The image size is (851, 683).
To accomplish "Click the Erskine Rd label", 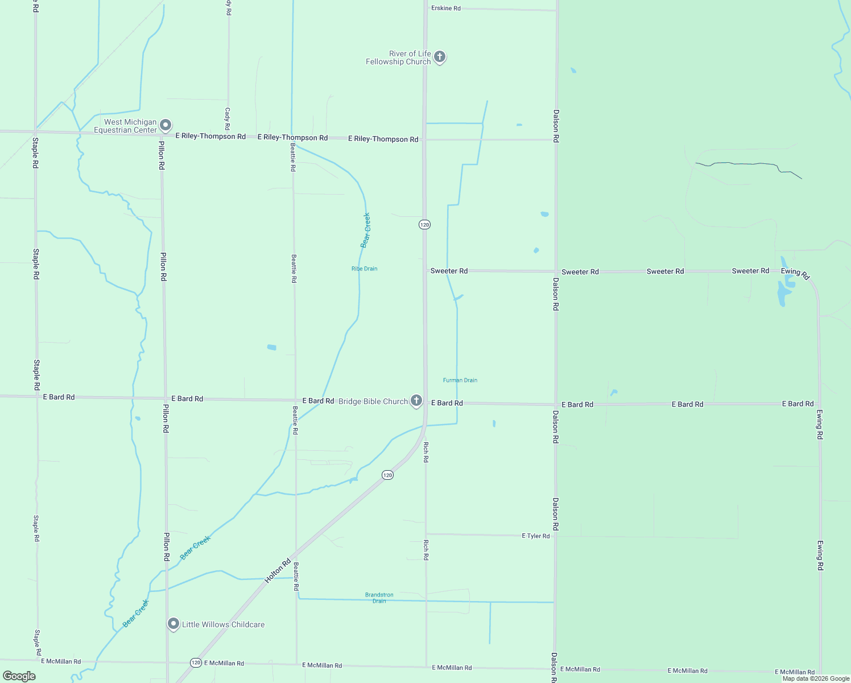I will click(x=446, y=9).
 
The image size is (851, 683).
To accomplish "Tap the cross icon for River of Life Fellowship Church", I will click(x=439, y=57).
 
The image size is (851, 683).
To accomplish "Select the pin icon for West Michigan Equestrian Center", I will click(x=166, y=125).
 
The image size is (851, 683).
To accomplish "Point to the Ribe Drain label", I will click(x=364, y=269).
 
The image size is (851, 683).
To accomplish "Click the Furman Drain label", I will click(x=460, y=380).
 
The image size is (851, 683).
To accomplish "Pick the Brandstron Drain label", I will click(x=379, y=598).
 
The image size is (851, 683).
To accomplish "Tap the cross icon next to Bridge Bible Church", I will click(x=416, y=401).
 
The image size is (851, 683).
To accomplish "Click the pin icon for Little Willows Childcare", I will click(x=173, y=624).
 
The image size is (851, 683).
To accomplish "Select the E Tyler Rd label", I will click(x=536, y=536).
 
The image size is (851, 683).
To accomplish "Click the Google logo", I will click(x=19, y=676).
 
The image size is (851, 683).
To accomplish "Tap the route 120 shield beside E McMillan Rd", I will click(x=196, y=663).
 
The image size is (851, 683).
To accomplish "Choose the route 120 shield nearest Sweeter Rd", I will click(x=424, y=225).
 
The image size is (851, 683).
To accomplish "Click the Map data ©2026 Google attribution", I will click(x=816, y=678).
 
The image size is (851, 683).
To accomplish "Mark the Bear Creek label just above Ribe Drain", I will click(x=366, y=230).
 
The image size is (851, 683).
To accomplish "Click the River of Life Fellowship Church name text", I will click(x=398, y=57).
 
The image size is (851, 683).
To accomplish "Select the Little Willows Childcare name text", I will click(x=223, y=624).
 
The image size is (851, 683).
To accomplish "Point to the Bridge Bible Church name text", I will click(x=373, y=401).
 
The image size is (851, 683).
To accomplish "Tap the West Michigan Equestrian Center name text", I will click(x=125, y=126).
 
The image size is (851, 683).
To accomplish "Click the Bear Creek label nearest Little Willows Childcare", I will click(x=136, y=613).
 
